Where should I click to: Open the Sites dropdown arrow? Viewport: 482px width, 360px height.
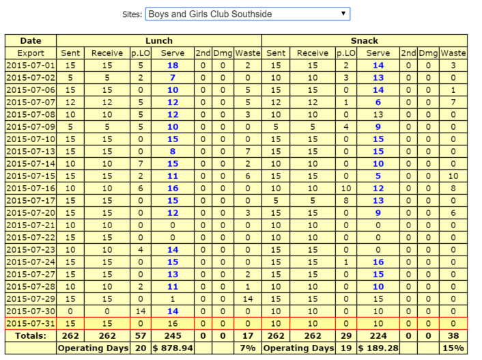click(343, 14)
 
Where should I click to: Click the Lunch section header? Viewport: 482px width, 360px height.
click(159, 41)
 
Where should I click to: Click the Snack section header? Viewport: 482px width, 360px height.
click(365, 41)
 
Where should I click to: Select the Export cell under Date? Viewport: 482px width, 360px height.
click(31, 53)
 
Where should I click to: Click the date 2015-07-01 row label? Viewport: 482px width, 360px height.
click(31, 65)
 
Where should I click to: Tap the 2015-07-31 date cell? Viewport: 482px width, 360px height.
click(31, 324)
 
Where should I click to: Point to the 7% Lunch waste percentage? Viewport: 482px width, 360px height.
click(248, 348)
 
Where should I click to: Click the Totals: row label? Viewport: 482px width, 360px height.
click(31, 336)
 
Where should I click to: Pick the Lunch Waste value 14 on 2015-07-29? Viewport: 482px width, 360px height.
click(248, 299)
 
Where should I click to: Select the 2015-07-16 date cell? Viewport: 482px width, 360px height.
click(31, 189)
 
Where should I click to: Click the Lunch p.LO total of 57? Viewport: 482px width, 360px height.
click(140, 336)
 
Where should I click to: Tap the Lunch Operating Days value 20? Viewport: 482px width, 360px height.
click(140, 348)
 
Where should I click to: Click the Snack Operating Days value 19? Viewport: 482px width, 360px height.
click(345, 348)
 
